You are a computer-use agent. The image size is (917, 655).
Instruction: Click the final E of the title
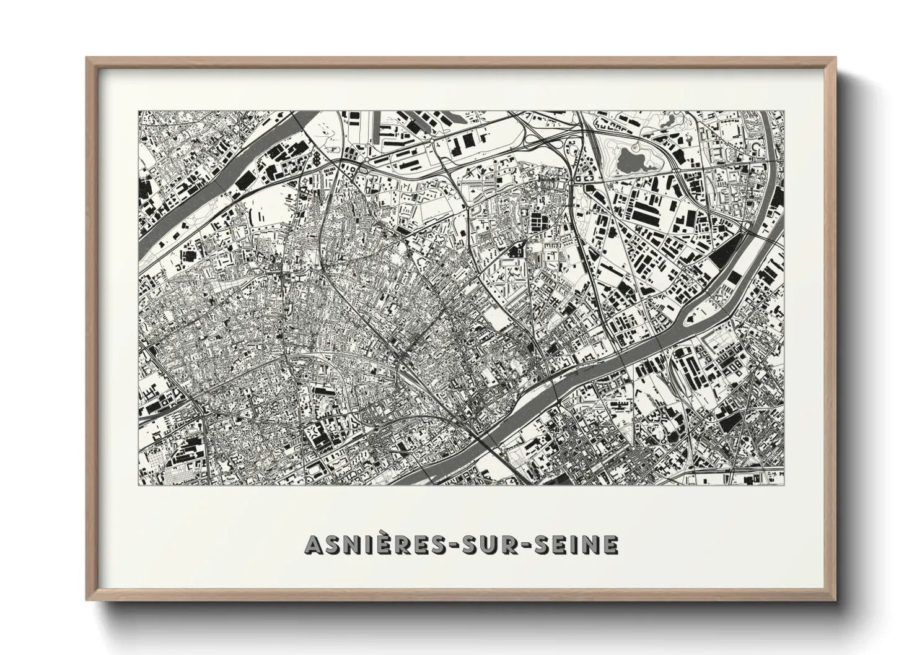click(611, 545)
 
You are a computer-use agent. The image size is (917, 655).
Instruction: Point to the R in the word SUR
click(506, 545)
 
